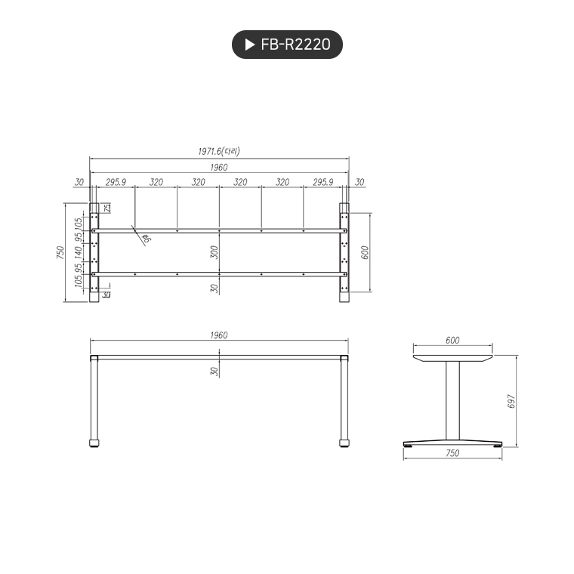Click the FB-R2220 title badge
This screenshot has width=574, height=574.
tap(287, 45)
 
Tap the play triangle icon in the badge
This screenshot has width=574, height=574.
tap(250, 45)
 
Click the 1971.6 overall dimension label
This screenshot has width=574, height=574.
tap(219, 152)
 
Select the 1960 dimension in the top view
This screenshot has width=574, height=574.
tap(219, 168)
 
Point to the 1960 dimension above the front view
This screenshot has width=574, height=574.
tap(219, 335)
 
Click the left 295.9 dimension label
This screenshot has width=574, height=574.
tap(115, 183)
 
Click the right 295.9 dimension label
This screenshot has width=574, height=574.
tap(323, 183)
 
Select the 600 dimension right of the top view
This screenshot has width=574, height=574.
tap(364, 252)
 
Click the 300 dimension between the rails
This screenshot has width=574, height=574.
tap(214, 252)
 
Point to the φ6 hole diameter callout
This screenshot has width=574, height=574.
tap(147, 239)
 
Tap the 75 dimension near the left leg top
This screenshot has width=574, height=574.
tap(107, 208)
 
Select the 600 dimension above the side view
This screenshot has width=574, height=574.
tap(452, 341)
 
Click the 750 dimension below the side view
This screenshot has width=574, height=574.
tap(452, 453)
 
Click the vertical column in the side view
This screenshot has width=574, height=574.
tap(452, 400)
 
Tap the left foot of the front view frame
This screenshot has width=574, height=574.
tap(94, 443)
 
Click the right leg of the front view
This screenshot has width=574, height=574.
tap(344, 400)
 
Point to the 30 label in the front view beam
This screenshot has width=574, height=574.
tap(214, 371)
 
